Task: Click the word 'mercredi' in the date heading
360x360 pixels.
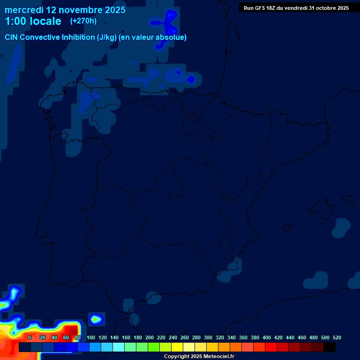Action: point(23,9)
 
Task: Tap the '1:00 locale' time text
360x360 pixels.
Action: point(33,21)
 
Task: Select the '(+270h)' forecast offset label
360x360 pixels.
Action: point(83,21)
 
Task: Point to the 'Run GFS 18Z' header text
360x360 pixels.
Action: point(261,8)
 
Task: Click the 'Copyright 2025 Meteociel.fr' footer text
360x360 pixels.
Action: point(199,357)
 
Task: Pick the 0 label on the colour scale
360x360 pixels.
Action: point(30,337)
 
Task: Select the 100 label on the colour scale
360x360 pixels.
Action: point(91,337)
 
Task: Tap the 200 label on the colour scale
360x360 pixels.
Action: point(150,337)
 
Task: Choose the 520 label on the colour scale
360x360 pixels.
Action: point(337,337)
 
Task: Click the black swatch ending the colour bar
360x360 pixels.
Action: point(329,347)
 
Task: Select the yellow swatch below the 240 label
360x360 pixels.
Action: point(177,347)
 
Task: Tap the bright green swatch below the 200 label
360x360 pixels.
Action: point(153,347)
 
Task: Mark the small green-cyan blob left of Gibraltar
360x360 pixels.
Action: point(96,319)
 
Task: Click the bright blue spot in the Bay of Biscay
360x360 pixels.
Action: point(191,79)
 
